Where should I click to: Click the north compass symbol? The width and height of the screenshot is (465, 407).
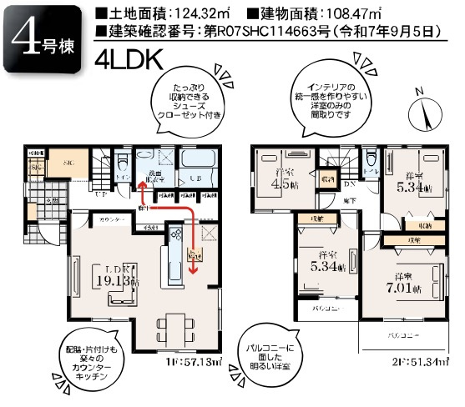click(x=429, y=110)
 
